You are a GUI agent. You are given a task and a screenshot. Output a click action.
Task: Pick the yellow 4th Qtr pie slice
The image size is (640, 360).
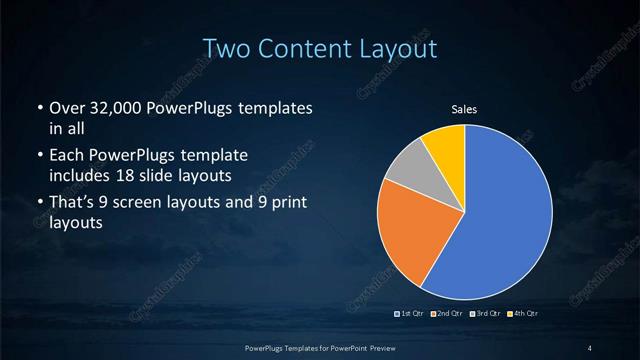coord(445,146)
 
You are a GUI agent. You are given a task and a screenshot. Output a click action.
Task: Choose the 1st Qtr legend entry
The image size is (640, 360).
coord(411,314)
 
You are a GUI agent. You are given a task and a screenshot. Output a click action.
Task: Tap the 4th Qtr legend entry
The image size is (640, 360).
coord(523,314)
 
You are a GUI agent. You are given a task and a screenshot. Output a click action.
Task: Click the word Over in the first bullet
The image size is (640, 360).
coord(66,108)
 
